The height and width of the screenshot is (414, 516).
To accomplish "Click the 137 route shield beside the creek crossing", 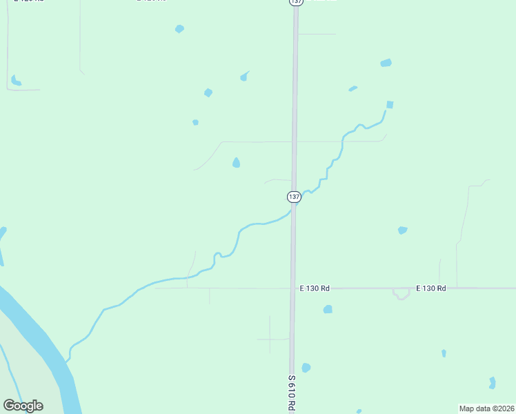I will point(294,197).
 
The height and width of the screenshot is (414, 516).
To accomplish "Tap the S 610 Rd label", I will point(292,393).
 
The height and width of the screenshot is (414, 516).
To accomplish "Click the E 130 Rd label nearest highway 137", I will point(315,288).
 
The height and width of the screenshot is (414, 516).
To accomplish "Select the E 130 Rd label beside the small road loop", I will point(431,288).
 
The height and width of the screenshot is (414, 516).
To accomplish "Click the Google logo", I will point(23,406).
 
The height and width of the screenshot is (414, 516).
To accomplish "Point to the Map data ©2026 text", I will point(486,408).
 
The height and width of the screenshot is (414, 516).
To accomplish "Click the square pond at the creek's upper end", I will point(390,105).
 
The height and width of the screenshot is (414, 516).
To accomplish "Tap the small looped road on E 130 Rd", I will point(401,295).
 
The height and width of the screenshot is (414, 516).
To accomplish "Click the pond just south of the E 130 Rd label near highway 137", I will point(328,309).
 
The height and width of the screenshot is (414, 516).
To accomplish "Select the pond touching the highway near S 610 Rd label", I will point(306,368).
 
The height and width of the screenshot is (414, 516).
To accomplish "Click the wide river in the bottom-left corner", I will point(41,345).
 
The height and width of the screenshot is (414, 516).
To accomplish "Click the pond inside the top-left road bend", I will point(15,80).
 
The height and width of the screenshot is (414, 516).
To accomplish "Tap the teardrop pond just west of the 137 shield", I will point(236,163).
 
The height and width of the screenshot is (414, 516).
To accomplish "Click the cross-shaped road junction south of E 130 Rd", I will point(270,339).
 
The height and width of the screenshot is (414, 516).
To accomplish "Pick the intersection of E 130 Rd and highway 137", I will point(293,288).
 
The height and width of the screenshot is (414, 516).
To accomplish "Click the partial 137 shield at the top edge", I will point(295,2).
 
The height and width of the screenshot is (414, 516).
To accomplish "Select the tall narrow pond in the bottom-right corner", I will point(492,382).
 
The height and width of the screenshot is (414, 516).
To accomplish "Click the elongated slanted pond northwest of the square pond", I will point(353,88).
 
